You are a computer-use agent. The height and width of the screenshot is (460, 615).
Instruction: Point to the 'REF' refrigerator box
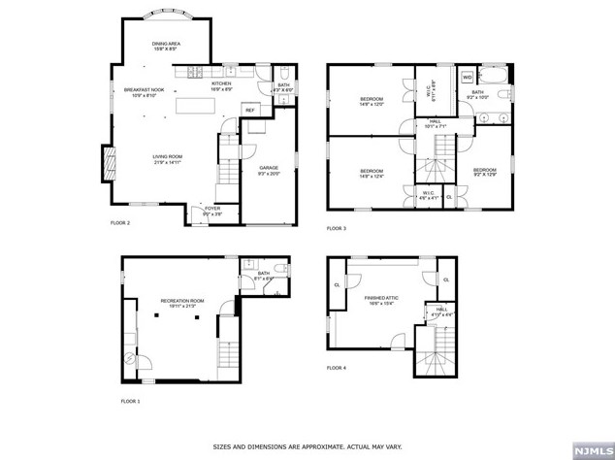pyautogui.click(x=249, y=110)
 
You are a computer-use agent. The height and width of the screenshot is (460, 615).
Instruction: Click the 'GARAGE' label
pyautogui.click(x=268, y=169)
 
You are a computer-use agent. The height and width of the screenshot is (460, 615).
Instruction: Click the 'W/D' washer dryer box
pyautogui.click(x=467, y=77)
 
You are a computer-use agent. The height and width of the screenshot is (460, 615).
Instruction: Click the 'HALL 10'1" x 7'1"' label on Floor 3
pyautogui.click(x=434, y=122)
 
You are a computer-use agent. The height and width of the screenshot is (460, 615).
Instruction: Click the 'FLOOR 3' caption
pyautogui.click(x=336, y=228)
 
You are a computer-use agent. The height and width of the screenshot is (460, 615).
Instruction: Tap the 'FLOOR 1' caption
pyautogui.click(x=130, y=401)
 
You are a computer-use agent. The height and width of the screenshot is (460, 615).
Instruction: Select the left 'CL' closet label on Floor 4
pyautogui.click(x=337, y=285)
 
